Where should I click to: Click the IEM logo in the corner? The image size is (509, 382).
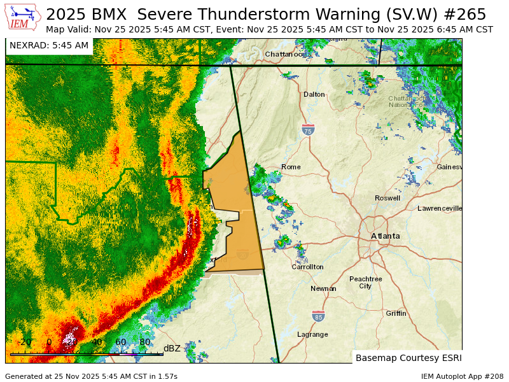pos(24,17)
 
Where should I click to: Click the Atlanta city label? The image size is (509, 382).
pos(386,236)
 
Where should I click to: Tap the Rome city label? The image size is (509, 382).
pos(291,167)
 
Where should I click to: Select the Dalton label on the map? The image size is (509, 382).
pos(314,94)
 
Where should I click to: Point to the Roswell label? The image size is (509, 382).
pos(387,198)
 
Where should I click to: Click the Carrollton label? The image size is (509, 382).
pos(308,267)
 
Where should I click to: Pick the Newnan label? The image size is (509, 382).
pos(323,288)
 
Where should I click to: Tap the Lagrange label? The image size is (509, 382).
pos(312,334)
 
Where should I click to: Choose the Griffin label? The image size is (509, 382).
pos(396,313)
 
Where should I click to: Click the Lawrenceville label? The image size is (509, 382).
pos(440,208)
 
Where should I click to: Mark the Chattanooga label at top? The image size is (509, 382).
pos(285,54)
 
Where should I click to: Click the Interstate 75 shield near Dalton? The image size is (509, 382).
pos(308,130)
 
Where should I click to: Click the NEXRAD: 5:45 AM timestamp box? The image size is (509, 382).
pos(49,45)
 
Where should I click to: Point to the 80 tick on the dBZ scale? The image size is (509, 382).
pos(144,343)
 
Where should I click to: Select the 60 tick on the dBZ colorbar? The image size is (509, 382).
pos(120,343)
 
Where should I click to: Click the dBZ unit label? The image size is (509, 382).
pos(172,348)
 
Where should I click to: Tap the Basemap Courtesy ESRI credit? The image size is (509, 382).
pos(408,358)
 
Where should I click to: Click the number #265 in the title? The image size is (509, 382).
pos(467,15)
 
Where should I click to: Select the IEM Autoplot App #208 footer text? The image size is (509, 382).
pos(462,376)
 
